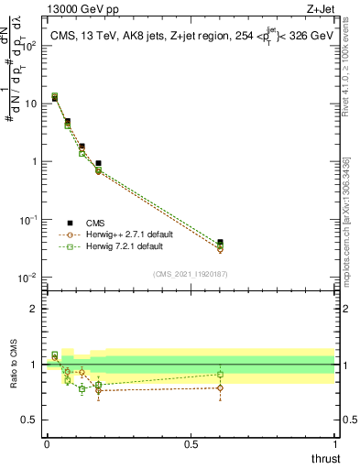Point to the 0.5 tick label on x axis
[x=191, y=445]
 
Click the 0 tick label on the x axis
[x=47, y=445]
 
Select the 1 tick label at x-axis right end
[x=334, y=445]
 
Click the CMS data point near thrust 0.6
[x=220, y=243]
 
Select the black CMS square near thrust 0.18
[x=98, y=163]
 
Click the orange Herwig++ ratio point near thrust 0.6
[x=220, y=387]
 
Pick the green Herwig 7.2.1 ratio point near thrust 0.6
[x=220, y=374]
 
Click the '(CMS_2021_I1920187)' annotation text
[x=190, y=272]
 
